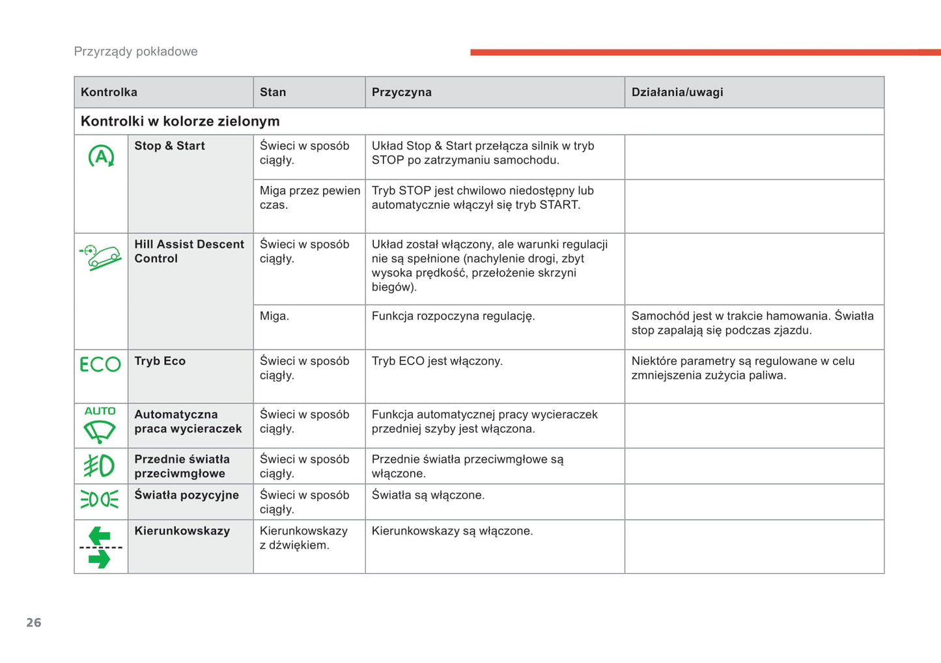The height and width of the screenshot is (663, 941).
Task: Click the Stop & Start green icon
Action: [x=101, y=156]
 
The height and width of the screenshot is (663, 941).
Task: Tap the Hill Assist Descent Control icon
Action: [x=101, y=257]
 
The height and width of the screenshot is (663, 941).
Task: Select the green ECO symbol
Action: [x=100, y=364]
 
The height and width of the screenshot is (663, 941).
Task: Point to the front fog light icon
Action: [x=99, y=466]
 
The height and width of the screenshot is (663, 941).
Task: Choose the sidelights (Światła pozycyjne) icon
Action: [x=100, y=499]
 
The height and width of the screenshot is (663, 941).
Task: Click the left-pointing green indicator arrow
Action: [x=99, y=536]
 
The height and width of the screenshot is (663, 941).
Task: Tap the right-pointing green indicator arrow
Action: [x=100, y=559]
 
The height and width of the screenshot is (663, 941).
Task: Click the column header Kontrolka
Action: [x=109, y=92]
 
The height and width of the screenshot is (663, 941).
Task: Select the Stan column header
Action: [x=273, y=92]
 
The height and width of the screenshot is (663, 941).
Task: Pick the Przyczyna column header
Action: [x=401, y=92]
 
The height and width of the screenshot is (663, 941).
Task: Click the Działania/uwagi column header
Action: [x=677, y=92]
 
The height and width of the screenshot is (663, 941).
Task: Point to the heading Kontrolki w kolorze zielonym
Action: [x=180, y=121]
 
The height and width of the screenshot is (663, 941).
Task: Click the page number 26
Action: [x=34, y=623]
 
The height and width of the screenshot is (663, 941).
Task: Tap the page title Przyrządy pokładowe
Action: [x=135, y=51]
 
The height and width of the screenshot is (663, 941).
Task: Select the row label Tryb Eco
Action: [x=160, y=361]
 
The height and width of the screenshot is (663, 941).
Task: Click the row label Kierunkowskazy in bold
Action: [x=182, y=531]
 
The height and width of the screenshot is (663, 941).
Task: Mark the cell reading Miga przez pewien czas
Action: [x=309, y=198]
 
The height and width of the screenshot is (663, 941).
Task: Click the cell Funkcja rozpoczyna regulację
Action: [x=453, y=316]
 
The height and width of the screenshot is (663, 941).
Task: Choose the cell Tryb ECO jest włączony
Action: [x=437, y=361]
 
